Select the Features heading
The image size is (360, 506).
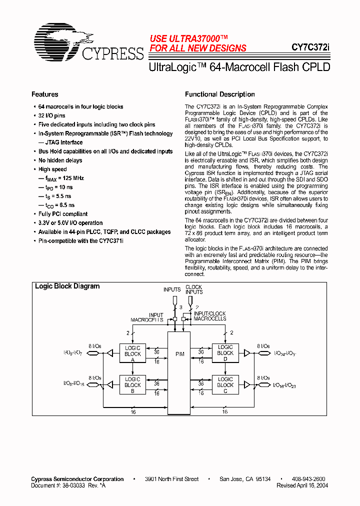click(45, 94)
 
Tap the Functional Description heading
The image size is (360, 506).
click(219, 94)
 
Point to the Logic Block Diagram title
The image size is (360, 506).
click(67, 286)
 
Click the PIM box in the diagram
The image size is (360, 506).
click(179, 354)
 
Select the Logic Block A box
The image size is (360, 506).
click(132, 353)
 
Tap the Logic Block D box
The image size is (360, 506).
click(225, 353)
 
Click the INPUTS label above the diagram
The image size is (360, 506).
click(172, 289)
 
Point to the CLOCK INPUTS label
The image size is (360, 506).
click(193, 289)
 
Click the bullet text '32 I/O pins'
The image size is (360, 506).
click(52, 115)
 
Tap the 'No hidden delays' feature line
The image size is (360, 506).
click(60, 160)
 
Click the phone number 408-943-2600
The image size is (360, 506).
click(308, 479)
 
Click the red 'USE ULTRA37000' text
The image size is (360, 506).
click(189, 38)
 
